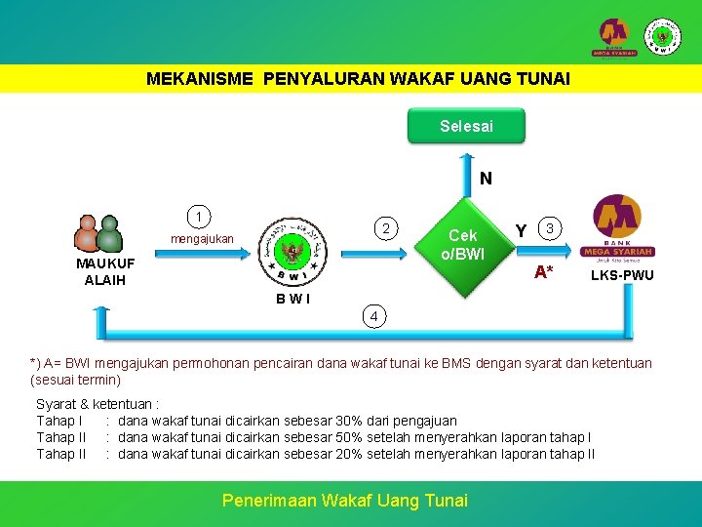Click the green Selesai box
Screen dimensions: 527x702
[x=466, y=126]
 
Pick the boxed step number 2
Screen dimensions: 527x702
[x=386, y=228]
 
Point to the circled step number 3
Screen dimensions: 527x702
[x=550, y=228]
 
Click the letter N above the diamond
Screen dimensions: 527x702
[x=485, y=180]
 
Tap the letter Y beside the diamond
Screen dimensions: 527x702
[x=521, y=230]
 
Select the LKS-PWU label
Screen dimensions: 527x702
[x=622, y=276]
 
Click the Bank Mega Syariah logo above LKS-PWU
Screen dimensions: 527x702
[x=616, y=228]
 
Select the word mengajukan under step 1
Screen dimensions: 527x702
[x=202, y=239]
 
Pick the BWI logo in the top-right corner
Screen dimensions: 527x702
[x=664, y=36]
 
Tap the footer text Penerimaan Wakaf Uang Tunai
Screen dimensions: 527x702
[x=345, y=500]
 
